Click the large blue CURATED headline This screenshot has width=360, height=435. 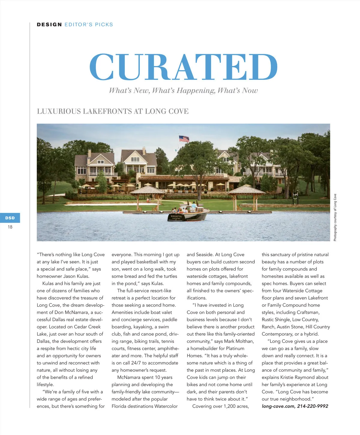[x=183, y=67]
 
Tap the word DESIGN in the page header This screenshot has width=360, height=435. [x=49, y=25]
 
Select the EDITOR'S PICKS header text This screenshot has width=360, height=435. [x=89, y=25]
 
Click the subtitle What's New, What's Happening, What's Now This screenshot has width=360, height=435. [x=183, y=91]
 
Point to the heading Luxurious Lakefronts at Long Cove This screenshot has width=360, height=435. [x=112, y=111]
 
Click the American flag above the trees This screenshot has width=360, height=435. [x=184, y=139]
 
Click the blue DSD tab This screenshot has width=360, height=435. [x=10, y=218]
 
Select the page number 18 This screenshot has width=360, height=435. [x=10, y=227]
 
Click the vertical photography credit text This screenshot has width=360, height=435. [x=335, y=217]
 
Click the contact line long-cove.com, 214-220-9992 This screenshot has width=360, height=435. [x=295, y=406]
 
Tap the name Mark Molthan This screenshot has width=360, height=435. [x=239, y=341]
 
